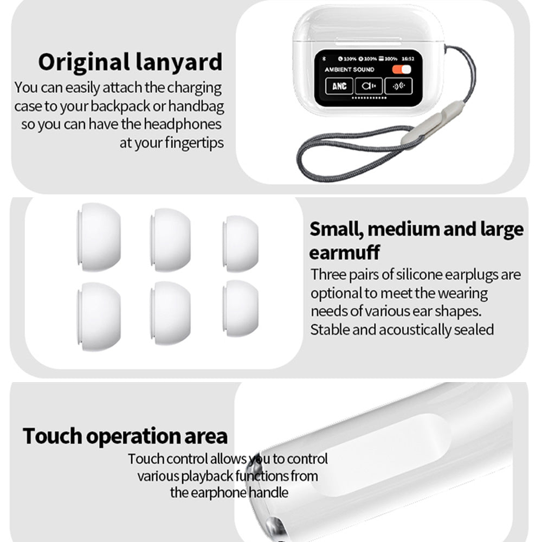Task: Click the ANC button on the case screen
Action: [x=339, y=86]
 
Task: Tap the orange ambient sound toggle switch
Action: [x=401, y=69]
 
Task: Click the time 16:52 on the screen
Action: [x=408, y=59]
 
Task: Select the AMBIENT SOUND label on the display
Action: [x=349, y=69]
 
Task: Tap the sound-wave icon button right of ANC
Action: [x=369, y=86]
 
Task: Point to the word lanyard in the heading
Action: [x=179, y=62]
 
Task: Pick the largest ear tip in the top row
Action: [x=99, y=237]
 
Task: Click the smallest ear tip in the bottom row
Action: [x=241, y=308]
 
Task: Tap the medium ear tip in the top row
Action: [x=170, y=240]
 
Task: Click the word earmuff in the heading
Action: [x=344, y=252]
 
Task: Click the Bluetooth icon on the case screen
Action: [x=324, y=59]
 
